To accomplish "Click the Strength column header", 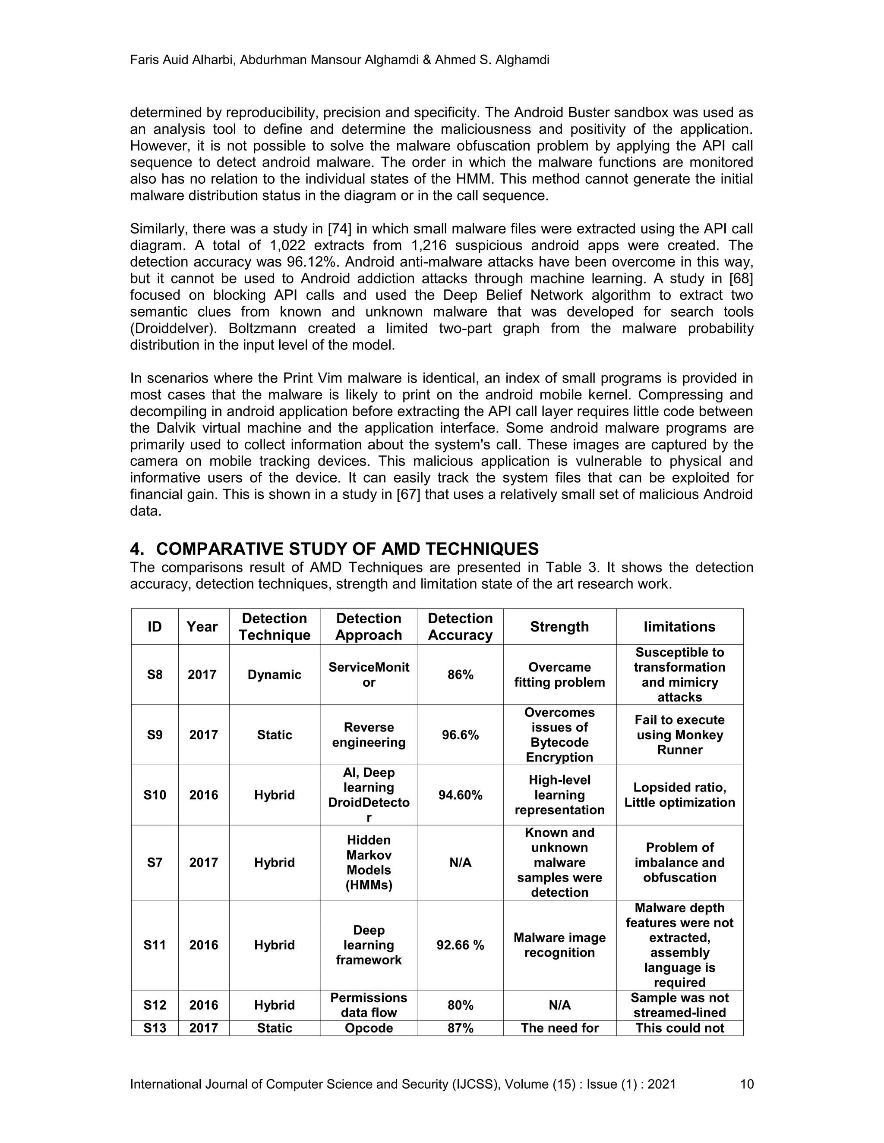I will click(559, 626).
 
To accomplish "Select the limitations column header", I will click(679, 626).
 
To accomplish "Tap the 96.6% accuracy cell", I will click(460, 735).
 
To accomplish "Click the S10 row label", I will click(155, 795).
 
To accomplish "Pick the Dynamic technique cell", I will click(275, 675).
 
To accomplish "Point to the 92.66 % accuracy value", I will click(460, 945).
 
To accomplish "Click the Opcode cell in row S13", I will click(369, 1028).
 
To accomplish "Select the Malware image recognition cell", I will click(559, 945).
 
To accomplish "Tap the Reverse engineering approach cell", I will click(369, 735).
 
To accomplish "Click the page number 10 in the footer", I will click(746, 1084).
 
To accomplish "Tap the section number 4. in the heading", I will click(137, 549).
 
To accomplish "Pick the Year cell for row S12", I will click(203, 1005).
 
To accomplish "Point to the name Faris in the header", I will click(145, 60).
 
